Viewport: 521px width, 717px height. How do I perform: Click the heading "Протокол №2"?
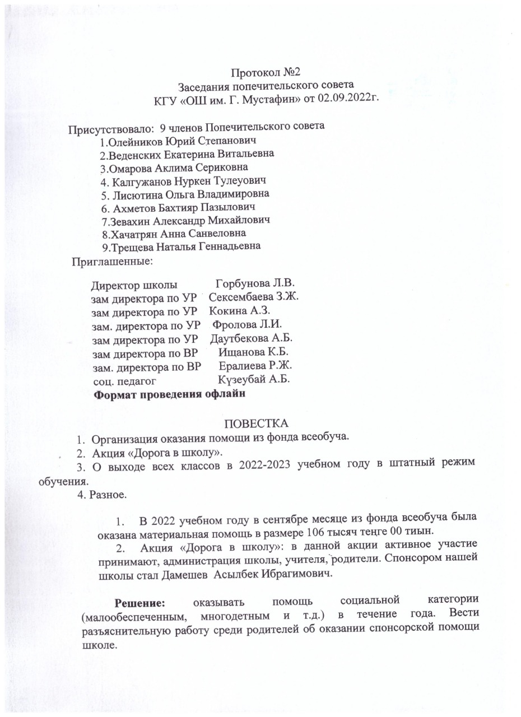point(267,72)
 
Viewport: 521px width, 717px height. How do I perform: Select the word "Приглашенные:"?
point(112,260)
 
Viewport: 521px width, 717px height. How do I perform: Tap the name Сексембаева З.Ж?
point(253,296)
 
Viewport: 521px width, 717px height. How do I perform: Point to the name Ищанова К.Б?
point(253,352)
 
